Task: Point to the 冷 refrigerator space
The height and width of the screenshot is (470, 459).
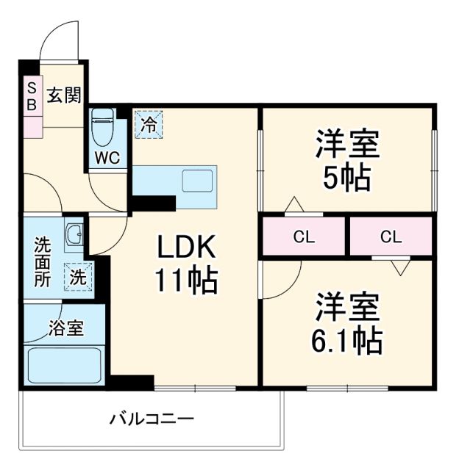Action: point(149,123)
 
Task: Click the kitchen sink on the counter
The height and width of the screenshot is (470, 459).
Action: point(197,179)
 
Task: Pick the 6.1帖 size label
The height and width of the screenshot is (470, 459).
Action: point(348,339)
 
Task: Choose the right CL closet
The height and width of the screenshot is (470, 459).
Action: point(391,236)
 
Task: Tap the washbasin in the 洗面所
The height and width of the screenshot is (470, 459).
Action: point(74,236)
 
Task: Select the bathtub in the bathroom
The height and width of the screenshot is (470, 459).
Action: point(65,365)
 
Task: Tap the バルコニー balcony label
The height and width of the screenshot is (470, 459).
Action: point(152,421)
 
